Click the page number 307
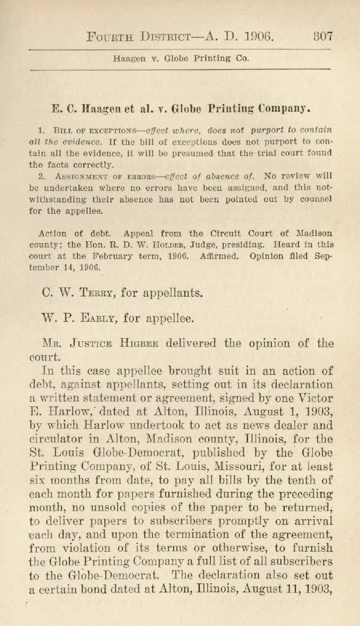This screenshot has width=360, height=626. click(x=323, y=37)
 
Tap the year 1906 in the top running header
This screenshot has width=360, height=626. click(x=258, y=37)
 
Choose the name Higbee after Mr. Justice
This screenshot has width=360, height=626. click(x=138, y=343)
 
